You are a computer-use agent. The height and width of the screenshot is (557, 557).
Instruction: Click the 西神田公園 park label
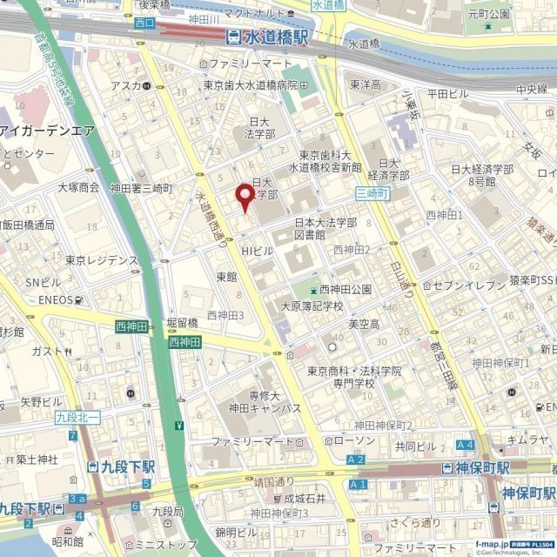click(344, 289)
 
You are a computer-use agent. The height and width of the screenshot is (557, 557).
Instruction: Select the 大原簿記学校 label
click(311, 306)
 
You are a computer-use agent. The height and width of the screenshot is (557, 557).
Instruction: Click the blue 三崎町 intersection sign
click(372, 192)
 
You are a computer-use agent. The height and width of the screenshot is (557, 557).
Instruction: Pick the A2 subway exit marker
click(355, 459)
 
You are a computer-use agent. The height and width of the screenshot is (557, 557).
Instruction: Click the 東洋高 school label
click(366, 84)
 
